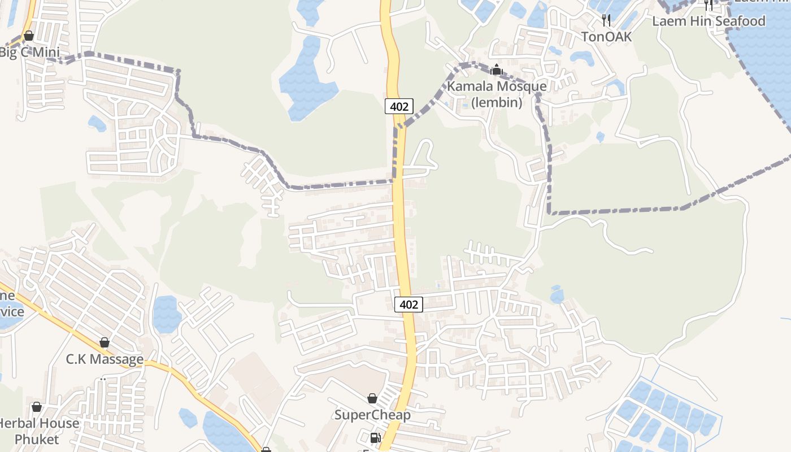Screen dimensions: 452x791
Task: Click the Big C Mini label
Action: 29,53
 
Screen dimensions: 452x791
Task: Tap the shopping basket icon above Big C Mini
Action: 29,36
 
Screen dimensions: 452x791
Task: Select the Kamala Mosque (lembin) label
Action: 497,94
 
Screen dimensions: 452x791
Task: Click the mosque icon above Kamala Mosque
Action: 497,70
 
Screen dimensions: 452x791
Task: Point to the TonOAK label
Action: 606,37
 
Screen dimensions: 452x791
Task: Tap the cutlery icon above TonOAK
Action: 606,20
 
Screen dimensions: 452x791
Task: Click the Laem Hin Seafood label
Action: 709,21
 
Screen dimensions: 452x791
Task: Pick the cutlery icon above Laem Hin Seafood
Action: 709,5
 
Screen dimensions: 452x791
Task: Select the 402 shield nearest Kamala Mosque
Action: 399,106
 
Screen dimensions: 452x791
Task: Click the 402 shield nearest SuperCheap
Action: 408,305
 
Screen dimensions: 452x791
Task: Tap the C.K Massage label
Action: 105,359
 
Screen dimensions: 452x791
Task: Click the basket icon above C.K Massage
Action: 105,342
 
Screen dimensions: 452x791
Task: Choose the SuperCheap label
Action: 372,415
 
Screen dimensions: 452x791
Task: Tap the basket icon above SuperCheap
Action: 372,398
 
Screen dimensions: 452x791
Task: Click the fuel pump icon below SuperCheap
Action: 375,437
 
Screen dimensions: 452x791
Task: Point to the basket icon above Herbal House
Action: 37,407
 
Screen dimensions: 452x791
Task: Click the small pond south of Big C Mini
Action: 97,123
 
